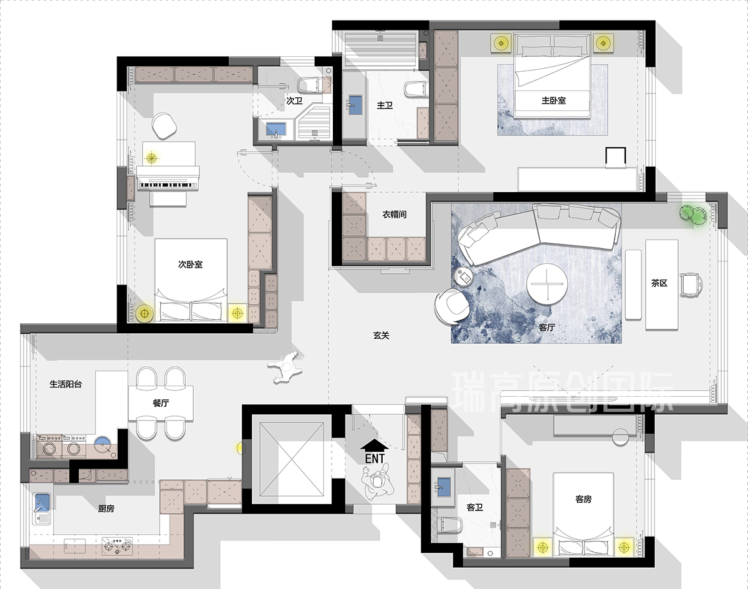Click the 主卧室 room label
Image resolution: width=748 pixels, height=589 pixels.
[554, 101]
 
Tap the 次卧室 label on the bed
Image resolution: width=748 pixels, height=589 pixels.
[190, 265]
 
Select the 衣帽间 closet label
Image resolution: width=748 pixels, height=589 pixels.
[395, 214]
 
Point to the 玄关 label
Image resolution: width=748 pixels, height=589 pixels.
[381, 336]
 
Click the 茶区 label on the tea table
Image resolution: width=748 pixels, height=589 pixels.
[659, 283]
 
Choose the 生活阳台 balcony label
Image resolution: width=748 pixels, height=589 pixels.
[65, 384]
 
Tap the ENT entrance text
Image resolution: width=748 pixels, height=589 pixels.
[375, 459]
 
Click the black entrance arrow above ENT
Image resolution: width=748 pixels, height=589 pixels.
[375, 445]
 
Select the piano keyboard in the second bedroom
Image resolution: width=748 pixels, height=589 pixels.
[168, 186]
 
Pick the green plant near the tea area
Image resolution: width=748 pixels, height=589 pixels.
[693, 215]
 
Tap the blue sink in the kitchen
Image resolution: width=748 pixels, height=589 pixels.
[42, 502]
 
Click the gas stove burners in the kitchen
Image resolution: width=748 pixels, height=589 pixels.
[117, 545]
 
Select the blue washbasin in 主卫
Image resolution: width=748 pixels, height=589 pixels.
[355, 105]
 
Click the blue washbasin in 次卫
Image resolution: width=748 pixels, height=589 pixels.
[276, 129]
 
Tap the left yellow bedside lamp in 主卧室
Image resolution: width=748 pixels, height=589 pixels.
[501, 43]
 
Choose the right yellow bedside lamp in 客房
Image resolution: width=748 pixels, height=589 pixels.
[624, 548]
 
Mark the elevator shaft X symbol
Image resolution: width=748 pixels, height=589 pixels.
[292, 459]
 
